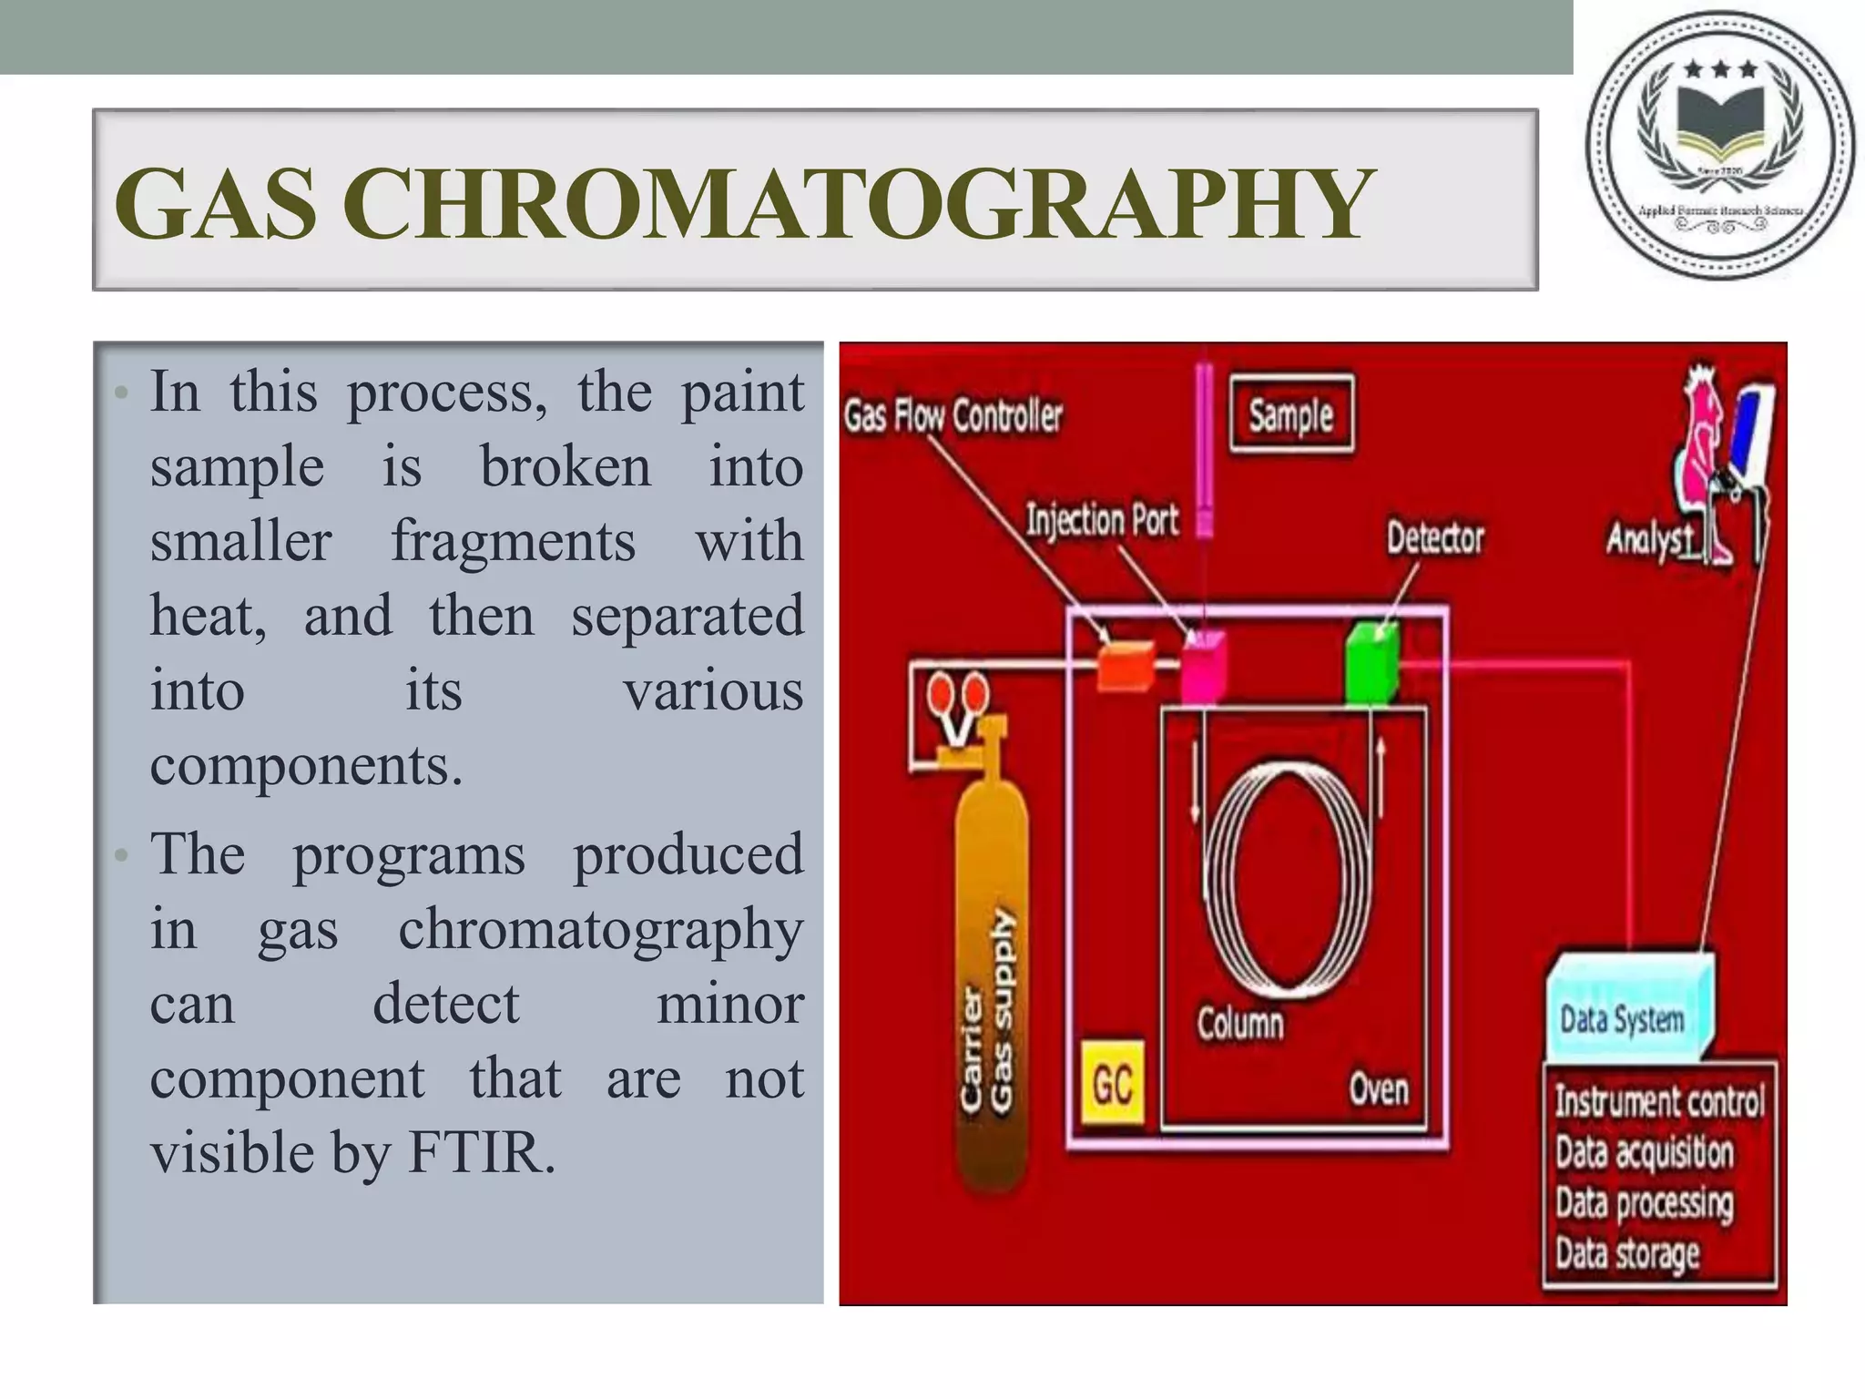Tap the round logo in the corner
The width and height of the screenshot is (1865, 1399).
(1719, 146)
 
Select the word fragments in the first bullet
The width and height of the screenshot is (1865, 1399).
(513, 541)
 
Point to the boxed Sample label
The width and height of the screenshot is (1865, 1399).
(1291, 414)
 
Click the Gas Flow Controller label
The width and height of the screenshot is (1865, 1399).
(953, 416)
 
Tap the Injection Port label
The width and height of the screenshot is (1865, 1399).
(1102, 520)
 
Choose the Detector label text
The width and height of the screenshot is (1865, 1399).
(1435, 537)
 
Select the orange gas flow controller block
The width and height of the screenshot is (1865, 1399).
(1125, 665)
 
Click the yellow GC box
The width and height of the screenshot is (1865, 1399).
(1112, 1085)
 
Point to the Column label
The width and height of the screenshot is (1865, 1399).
(1239, 1024)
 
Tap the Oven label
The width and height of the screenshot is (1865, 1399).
(1378, 1088)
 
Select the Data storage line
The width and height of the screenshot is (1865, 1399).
(1626, 1254)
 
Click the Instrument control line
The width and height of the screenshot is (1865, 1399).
(1658, 1101)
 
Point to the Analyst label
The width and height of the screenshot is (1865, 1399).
(1649, 539)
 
